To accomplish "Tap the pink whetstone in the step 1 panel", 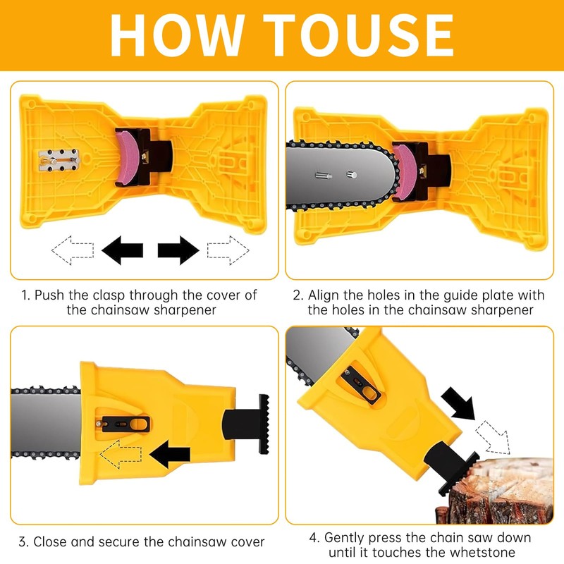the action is click(128, 157).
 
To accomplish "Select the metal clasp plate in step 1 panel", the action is click(59, 160).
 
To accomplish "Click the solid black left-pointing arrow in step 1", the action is click(122, 250).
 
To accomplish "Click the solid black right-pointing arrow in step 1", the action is click(178, 250).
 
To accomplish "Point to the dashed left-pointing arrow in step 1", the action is click(73, 250).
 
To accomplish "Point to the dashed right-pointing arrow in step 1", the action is click(228, 250).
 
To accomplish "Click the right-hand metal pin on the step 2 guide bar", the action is click(351, 175).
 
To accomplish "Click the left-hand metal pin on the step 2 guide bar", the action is click(324, 176).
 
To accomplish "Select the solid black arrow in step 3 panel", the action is click(170, 454).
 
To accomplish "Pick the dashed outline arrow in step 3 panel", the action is click(121, 454).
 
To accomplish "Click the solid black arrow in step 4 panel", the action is click(458, 403).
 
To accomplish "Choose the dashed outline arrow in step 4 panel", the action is click(493, 437).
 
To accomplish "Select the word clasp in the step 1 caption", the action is click(109, 295).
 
